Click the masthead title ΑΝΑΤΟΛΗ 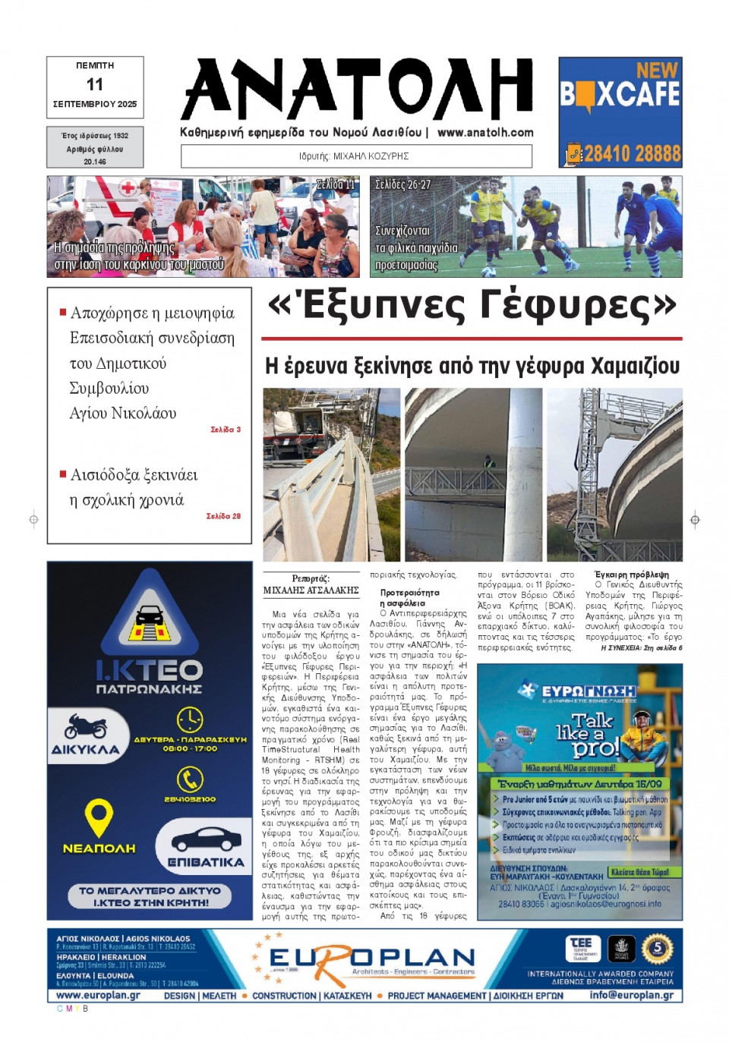click(357, 89)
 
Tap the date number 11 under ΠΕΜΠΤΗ click(95, 84)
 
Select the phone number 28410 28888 click(632, 154)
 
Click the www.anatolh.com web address click(485, 132)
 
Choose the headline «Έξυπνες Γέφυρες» click(472, 305)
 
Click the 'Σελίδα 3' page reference click(226, 430)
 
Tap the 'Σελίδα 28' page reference click(223, 516)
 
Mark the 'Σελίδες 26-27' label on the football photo click(402, 184)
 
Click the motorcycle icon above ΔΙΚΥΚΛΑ click(86, 726)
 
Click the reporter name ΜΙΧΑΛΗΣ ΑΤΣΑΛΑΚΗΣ click(311, 590)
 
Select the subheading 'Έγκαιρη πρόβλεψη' click(632, 575)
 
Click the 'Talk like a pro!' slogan click(595, 735)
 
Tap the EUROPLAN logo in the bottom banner click(372, 959)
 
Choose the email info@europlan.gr click(631, 995)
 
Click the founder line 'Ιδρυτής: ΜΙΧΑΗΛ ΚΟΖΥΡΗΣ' click(354, 156)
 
